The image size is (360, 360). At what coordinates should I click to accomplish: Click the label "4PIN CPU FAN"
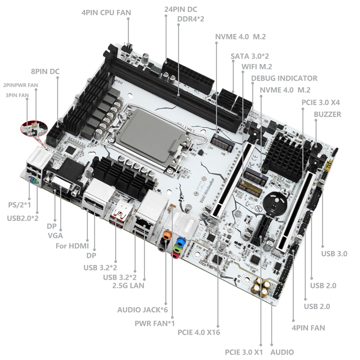[106, 13]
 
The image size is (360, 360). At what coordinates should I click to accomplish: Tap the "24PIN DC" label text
[181, 9]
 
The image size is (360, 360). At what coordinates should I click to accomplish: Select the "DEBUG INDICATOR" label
[284, 78]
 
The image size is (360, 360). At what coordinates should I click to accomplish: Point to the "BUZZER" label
[328, 114]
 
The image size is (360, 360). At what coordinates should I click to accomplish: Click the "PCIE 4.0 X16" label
[199, 332]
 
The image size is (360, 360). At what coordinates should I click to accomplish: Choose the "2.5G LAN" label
[128, 286]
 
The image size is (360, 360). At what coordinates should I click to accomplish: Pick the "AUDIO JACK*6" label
[143, 310]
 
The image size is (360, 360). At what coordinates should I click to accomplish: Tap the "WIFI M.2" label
[256, 67]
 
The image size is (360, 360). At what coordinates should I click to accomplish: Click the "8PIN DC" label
[45, 72]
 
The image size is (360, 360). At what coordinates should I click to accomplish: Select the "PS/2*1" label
[19, 205]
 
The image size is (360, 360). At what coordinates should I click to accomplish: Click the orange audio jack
[167, 235]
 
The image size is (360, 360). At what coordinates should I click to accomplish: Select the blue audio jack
[181, 242]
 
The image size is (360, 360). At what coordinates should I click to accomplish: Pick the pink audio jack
[175, 255]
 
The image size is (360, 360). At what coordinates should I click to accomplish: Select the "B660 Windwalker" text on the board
[207, 190]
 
